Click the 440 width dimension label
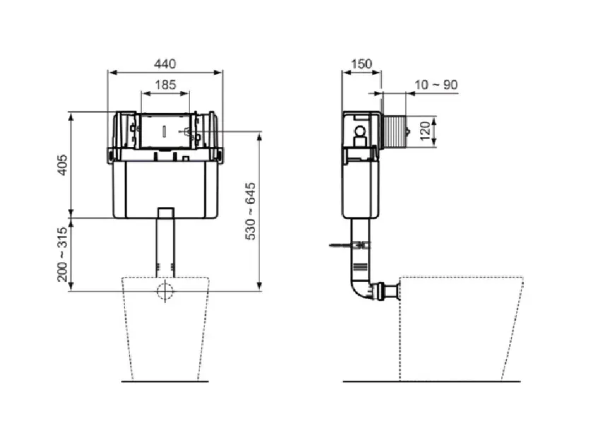[x=165, y=64]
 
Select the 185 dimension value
[x=165, y=84]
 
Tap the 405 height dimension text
[x=63, y=165]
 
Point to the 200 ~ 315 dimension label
[x=63, y=254]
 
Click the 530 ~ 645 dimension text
[x=251, y=211]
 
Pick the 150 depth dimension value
[x=362, y=64]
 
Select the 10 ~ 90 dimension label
[x=436, y=84]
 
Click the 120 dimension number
[x=425, y=131]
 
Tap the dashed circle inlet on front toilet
[x=165, y=291]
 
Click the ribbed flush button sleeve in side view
[x=394, y=131]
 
